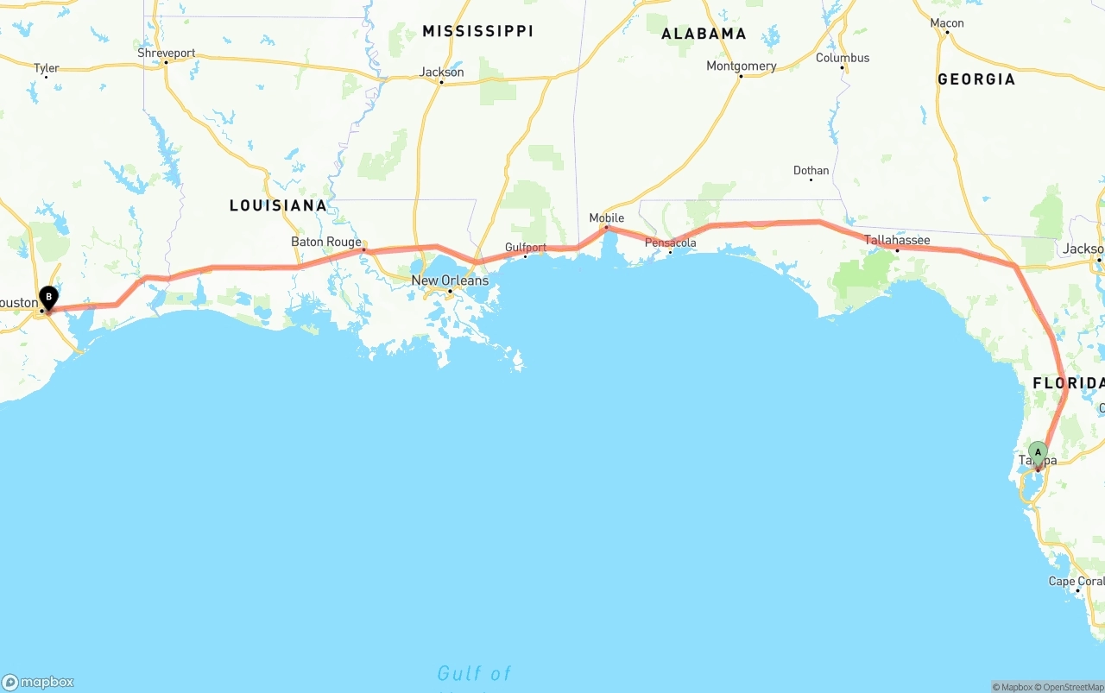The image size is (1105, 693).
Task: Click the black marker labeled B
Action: tap(49, 299)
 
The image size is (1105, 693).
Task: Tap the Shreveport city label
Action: tap(167, 53)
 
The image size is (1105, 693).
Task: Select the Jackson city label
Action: tap(441, 72)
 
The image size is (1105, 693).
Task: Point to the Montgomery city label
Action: tap(741, 66)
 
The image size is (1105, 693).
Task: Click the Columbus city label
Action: tap(843, 58)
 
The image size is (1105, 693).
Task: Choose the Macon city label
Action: tap(947, 23)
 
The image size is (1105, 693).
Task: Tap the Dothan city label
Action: tap(811, 170)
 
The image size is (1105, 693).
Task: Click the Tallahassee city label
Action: tap(897, 240)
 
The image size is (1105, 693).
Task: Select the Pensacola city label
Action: tap(671, 243)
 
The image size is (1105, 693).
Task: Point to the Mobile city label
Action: tap(606, 217)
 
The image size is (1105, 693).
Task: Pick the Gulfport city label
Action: tap(526, 248)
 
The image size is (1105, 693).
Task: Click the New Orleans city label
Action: tap(450, 280)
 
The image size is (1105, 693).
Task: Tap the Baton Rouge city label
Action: tap(326, 242)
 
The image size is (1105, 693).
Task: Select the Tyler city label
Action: tap(47, 68)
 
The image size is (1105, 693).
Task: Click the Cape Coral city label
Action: tap(1076, 581)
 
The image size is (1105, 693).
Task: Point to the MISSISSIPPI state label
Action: tap(477, 31)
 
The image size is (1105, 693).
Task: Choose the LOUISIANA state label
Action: tap(278, 205)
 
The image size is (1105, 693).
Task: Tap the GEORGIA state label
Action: tap(976, 79)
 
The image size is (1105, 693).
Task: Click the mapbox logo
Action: tap(38, 682)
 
